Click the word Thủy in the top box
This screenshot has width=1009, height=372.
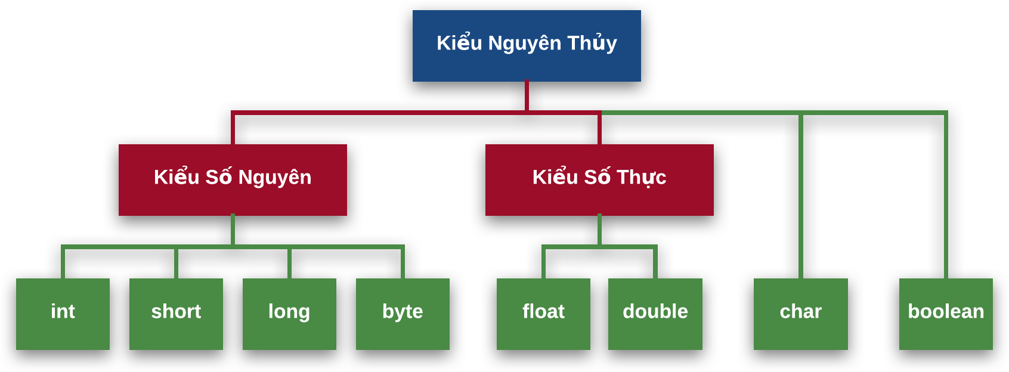pyautogui.click(x=592, y=43)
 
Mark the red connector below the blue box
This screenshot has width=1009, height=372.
pyautogui.click(x=527, y=95)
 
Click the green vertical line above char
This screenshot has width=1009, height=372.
pyautogui.click(x=800, y=197)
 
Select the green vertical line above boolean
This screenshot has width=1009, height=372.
pyautogui.click(x=946, y=197)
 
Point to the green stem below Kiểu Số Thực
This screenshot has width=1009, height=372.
pyautogui.click(x=599, y=230)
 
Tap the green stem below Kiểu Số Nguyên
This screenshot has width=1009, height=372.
pyautogui.click(x=233, y=230)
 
